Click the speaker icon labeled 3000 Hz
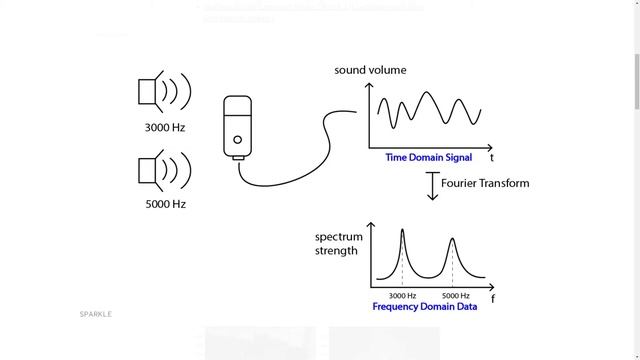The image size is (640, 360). [x=163, y=92]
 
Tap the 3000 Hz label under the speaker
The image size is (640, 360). [x=165, y=128]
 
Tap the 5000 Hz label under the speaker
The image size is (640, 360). [x=165, y=204]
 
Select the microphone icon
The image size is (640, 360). [x=238, y=127]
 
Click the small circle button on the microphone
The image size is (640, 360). [x=238, y=139]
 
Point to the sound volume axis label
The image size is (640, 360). [x=370, y=71]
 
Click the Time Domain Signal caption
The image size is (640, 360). [x=428, y=158]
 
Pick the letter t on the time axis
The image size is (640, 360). [x=492, y=158]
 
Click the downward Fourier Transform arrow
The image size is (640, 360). [x=433, y=186]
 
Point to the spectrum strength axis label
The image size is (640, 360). [x=337, y=244]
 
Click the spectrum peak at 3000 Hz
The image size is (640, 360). [x=403, y=232]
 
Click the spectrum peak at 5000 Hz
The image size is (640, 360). [x=452, y=240]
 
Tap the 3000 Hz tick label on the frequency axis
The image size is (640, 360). [x=403, y=296]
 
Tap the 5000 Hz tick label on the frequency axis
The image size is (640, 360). [x=456, y=296]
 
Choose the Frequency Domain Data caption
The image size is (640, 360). [x=424, y=307]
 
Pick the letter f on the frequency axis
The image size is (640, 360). [x=493, y=299]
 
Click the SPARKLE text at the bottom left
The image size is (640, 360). [x=96, y=314]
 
